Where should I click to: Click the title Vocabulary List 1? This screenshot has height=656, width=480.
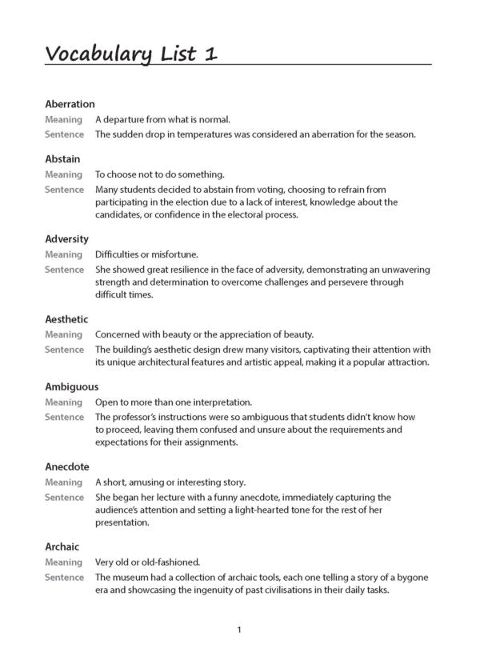point(130,54)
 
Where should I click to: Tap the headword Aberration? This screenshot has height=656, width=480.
point(70,104)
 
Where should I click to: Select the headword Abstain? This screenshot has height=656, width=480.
point(62,159)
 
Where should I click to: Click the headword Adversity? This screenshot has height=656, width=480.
point(66,239)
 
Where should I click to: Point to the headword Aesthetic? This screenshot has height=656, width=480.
point(66,319)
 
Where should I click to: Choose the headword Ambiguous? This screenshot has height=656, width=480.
point(70,387)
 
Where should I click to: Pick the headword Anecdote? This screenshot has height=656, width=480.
point(67,467)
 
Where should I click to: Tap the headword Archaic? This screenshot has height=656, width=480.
point(62,547)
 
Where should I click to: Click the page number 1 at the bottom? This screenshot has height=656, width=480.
point(239,630)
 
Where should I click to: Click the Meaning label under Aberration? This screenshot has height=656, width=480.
point(63,119)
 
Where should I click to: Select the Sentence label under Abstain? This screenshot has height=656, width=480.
point(64,190)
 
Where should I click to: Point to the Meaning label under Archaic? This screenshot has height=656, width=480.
point(63,562)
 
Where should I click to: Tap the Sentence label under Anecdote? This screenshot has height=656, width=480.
point(64,498)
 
